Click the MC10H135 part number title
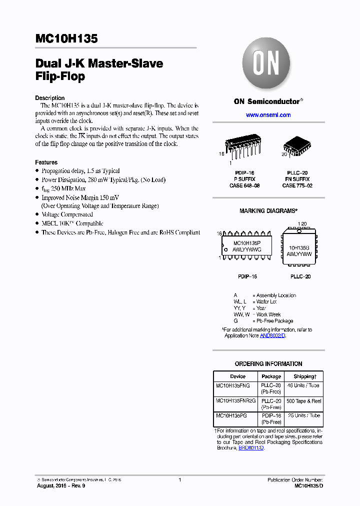pos(66,38)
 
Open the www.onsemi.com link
pos(268,115)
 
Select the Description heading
pos(49,98)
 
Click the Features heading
pos(46,162)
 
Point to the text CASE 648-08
pos(243,185)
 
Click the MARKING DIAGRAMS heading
pos(268,211)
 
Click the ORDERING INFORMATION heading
pos(268,364)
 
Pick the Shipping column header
pos(304,376)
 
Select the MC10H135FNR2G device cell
pos(235,400)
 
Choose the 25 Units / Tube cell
pos(303,415)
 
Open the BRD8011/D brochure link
pos(251,448)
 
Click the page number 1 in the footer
pos(179,480)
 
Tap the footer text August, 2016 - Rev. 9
pos(61,486)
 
